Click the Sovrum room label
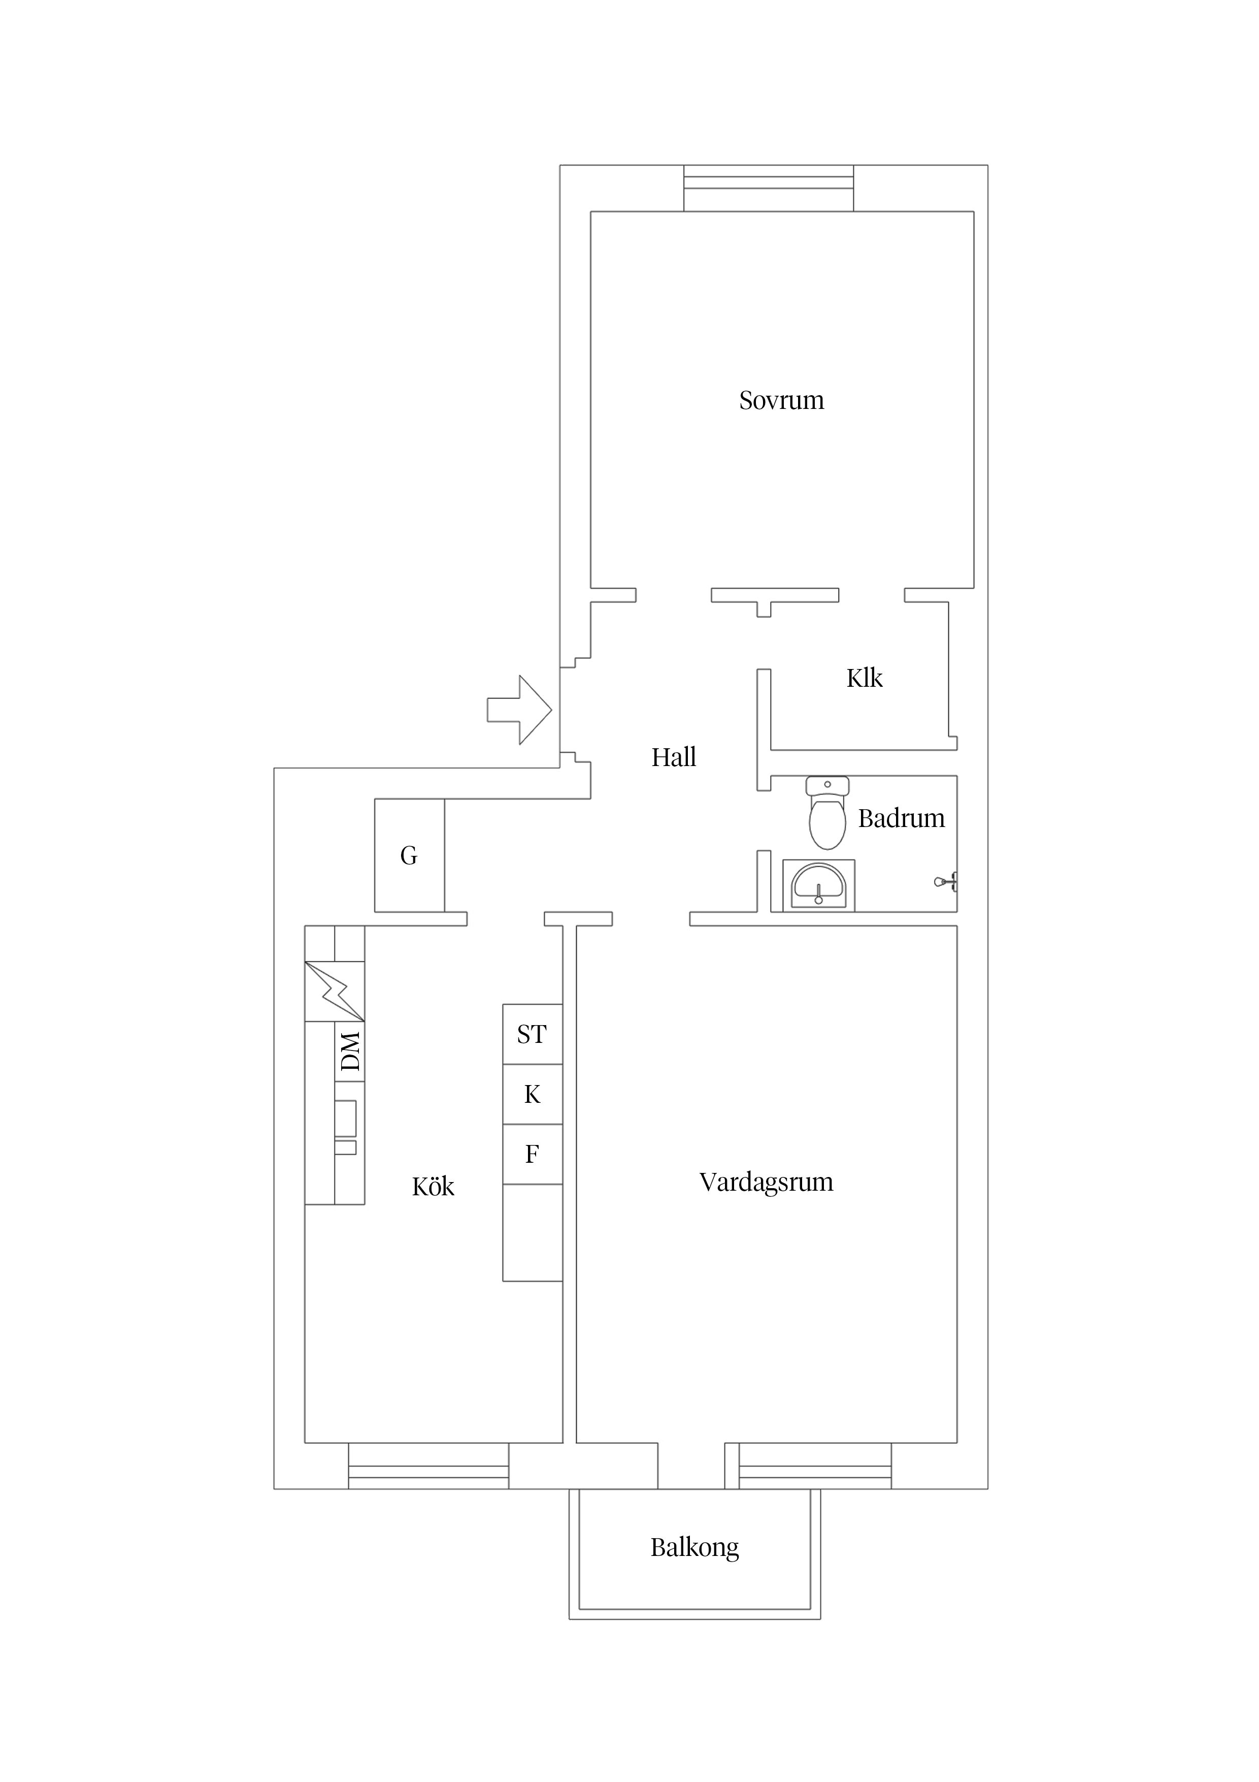[x=781, y=400]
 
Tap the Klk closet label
[x=864, y=678]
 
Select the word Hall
[x=673, y=757]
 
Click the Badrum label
[x=902, y=819]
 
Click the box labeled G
[x=409, y=855]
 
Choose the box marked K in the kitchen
[x=532, y=1094]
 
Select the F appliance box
[x=532, y=1154]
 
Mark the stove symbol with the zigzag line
[x=335, y=991]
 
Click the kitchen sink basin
[x=345, y=1118]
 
